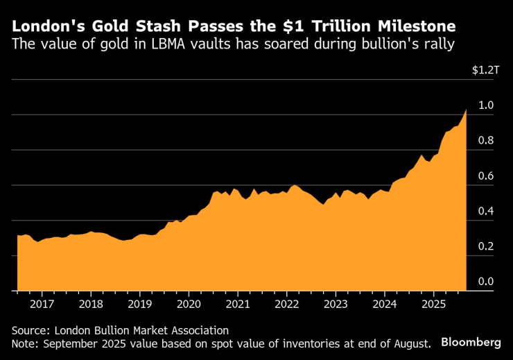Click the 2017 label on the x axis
point(42,304)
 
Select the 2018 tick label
point(91,304)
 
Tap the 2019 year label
point(139,304)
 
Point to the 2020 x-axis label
point(189,304)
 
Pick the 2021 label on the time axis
point(237,304)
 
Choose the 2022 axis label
point(286,304)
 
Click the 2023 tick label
point(335,304)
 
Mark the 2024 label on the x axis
point(384,304)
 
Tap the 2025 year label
point(433,304)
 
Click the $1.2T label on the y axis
point(485,70)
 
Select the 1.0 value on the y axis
point(485,105)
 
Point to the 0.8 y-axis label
point(485,141)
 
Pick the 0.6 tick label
point(485,176)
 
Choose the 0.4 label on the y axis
point(485,211)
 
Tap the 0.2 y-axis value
point(485,246)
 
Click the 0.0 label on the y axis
point(485,282)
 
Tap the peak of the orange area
point(466,110)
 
